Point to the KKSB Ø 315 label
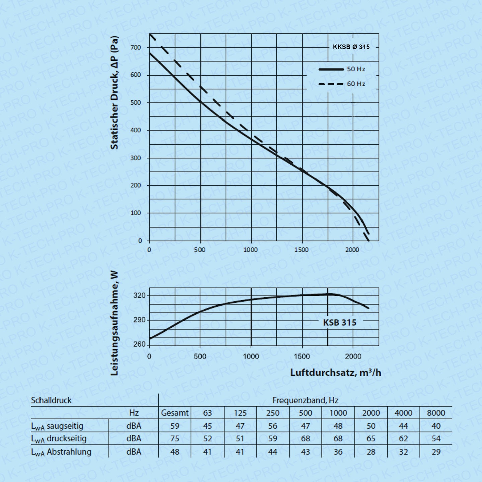(x=351, y=47)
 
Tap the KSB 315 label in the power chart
(x=340, y=323)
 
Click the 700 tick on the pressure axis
(x=135, y=48)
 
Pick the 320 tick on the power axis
(x=139, y=296)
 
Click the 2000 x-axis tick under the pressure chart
(x=352, y=250)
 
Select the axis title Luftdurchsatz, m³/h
(x=335, y=373)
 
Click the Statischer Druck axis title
(x=114, y=92)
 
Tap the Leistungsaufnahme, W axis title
(x=114, y=323)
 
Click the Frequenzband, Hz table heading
(x=305, y=400)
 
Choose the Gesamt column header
(x=175, y=413)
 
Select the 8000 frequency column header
(x=436, y=413)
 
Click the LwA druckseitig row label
(x=59, y=439)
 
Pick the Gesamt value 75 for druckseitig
(x=175, y=439)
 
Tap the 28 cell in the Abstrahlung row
(x=371, y=452)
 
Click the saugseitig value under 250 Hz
(x=273, y=426)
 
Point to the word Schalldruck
(x=51, y=400)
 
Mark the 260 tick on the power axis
(x=139, y=344)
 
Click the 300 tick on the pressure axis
(x=135, y=158)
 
